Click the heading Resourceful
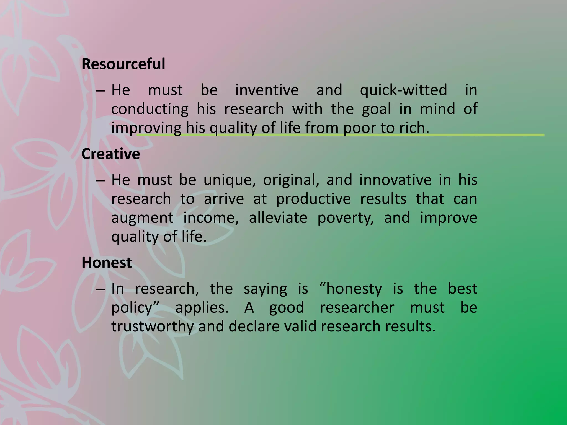tap(123, 64)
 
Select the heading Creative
tap(110, 154)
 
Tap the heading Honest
tap(107, 263)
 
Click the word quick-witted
tap(403, 90)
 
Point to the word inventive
tap(267, 90)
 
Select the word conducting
tap(150, 109)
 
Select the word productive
tap(313, 199)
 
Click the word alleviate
tap(278, 218)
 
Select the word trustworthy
tap(152, 327)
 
